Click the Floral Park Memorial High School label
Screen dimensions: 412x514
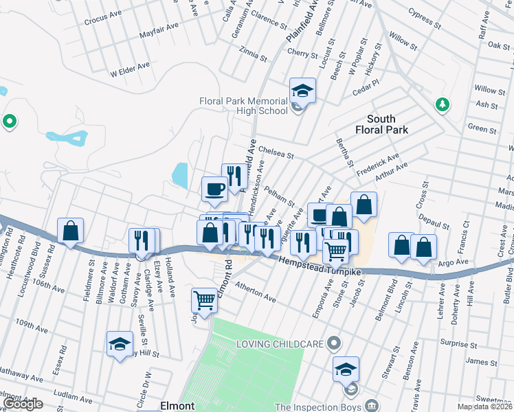coord(243,106)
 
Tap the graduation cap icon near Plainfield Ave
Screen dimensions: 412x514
coord(302,90)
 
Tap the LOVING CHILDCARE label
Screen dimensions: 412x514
coord(280,343)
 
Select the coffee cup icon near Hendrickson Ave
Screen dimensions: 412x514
coord(214,188)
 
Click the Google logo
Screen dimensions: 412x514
coord(23,404)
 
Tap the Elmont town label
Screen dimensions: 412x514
coord(177,406)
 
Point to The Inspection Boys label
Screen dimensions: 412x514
coord(318,406)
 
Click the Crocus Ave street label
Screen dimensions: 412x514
coord(102,21)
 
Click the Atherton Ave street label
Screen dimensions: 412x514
coord(255,295)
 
